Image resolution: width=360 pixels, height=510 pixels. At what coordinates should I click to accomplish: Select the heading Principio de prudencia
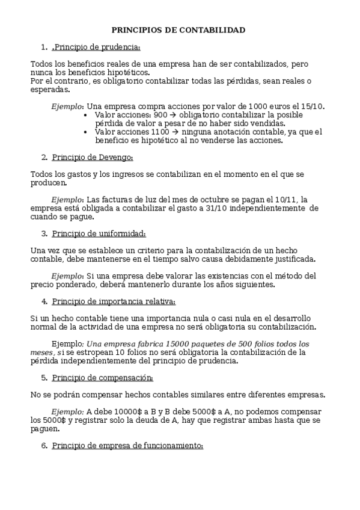(96, 47)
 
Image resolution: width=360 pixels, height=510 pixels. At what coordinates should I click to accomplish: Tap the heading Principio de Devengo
(93, 158)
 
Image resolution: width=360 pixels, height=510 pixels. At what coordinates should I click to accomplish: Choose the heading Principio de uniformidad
(99, 233)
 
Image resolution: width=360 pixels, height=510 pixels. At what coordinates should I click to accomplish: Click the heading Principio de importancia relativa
(114, 301)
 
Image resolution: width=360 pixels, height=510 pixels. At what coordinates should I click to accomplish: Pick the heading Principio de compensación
(102, 378)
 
